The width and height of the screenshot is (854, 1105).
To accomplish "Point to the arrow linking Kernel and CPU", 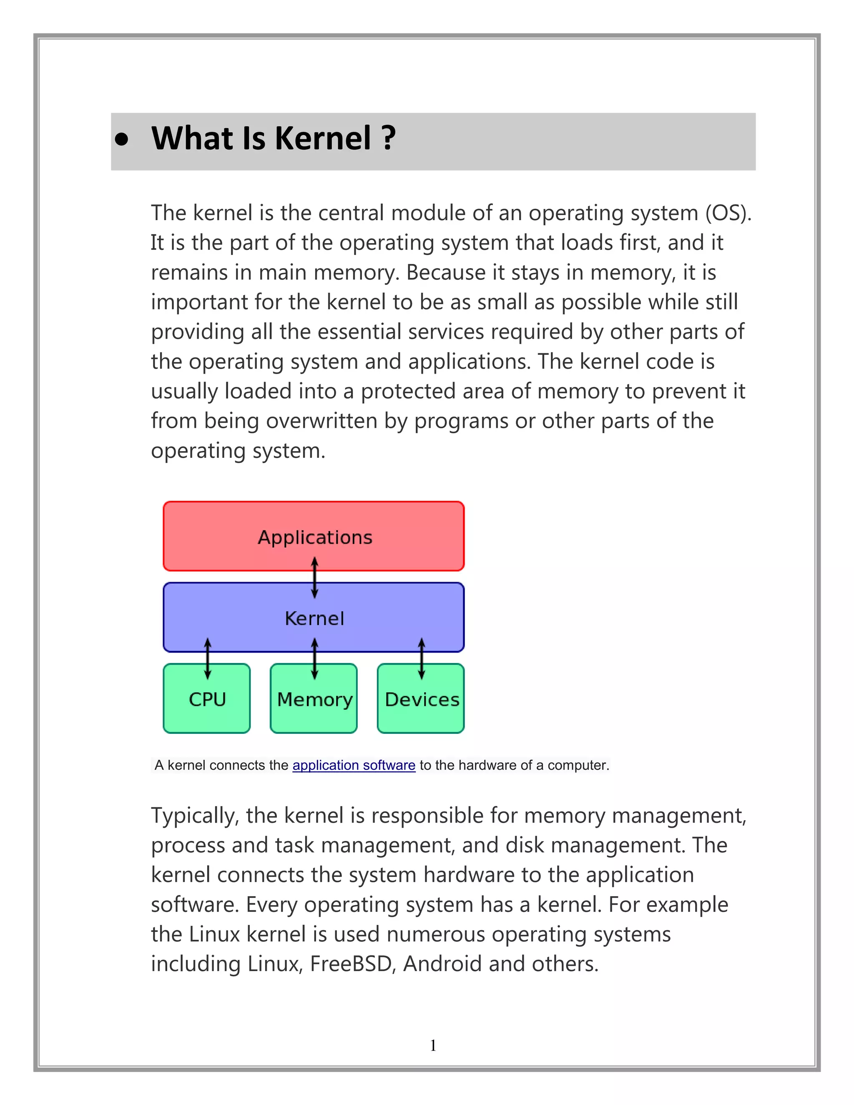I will click(x=207, y=658).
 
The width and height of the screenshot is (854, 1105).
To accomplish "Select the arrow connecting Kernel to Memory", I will click(x=315, y=658).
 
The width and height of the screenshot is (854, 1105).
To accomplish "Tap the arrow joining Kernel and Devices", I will click(x=422, y=658).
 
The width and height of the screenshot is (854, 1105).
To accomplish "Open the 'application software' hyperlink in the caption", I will click(x=354, y=766).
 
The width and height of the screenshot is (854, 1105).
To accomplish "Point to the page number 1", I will click(x=433, y=1045).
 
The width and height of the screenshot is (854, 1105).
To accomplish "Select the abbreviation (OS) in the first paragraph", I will click(x=728, y=213).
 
